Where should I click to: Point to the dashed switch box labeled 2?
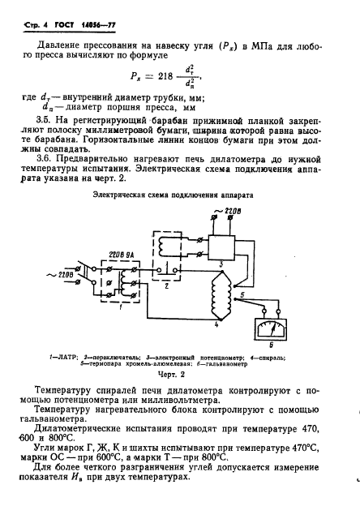tap(170, 247)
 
